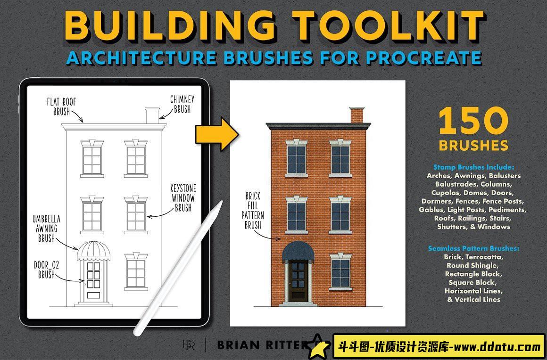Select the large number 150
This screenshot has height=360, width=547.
point(473,122)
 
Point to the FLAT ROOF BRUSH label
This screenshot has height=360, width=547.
point(61,106)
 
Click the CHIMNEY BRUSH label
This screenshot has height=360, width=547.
point(182,104)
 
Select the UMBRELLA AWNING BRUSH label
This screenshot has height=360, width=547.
point(46,229)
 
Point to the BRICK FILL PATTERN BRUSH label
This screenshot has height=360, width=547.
point(253,210)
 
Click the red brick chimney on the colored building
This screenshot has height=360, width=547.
point(356,115)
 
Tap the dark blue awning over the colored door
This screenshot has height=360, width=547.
point(298,252)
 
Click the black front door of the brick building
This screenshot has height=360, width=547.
point(298,280)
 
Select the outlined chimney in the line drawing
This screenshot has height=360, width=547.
point(152,115)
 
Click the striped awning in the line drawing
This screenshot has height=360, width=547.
point(93,251)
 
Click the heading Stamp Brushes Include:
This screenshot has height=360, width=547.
point(473,167)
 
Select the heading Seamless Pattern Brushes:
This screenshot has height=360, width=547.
point(473,248)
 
